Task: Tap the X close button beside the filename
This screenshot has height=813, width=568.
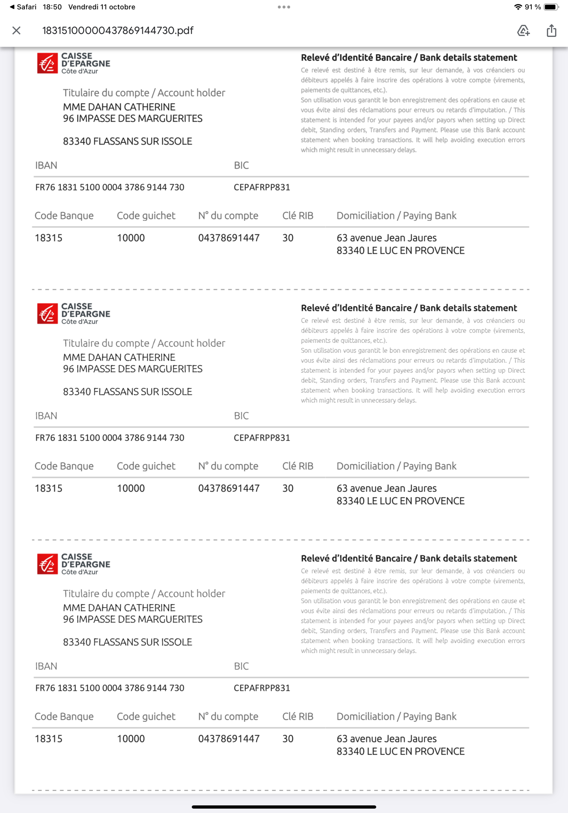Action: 16,30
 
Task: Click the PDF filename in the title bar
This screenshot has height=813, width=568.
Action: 118,30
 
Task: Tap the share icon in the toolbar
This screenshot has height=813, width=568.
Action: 551,30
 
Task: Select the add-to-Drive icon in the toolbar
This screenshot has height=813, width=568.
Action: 523,30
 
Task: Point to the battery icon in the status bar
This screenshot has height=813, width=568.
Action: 551,7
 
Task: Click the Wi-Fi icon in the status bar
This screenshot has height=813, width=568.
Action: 518,7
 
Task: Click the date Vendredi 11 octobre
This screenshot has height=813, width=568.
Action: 102,7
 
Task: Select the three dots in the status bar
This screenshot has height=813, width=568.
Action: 284,7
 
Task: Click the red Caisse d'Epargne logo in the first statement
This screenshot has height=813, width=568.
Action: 47,63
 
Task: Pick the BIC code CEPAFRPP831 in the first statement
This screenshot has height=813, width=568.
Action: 262,187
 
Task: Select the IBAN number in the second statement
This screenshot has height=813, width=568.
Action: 110,438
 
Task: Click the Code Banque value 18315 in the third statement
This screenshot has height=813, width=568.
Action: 49,739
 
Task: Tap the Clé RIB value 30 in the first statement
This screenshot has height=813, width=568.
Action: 288,238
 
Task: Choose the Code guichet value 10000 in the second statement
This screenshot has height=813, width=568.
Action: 131,488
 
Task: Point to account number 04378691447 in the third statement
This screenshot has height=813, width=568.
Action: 229,739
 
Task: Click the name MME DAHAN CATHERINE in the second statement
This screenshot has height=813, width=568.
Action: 119,357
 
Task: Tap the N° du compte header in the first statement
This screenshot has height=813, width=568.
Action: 228,216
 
